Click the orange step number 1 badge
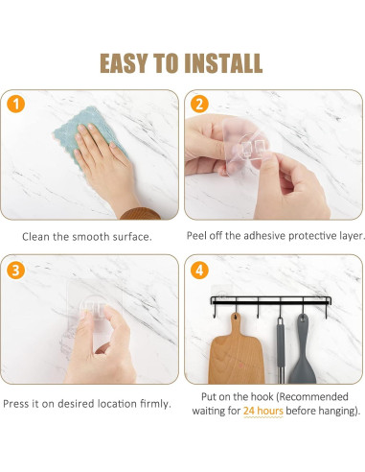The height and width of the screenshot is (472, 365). [15, 104]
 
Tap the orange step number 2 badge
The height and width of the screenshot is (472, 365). [199, 104]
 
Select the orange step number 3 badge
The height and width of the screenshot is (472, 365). [15, 270]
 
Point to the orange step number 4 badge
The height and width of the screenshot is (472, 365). [199, 270]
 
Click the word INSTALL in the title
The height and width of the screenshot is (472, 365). [223, 63]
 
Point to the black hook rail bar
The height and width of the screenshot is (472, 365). [271, 300]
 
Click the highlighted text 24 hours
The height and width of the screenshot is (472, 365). [263, 411]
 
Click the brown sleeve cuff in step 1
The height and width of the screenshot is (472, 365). [141, 214]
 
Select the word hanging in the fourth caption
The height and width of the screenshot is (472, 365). [337, 411]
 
